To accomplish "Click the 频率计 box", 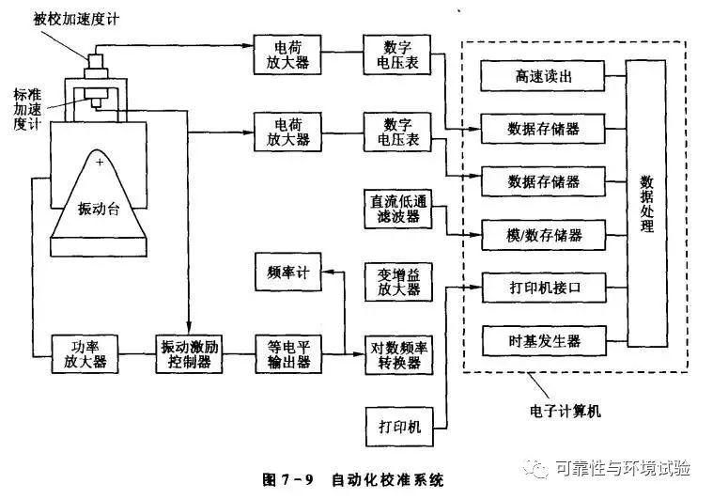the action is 288,272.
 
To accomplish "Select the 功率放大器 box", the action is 85,354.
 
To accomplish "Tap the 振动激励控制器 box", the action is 189,354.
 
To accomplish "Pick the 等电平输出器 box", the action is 288,354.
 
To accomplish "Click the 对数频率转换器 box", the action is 399,355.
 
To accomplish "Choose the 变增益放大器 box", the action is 398,282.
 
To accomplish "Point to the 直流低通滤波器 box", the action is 398,209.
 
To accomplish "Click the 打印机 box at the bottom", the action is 399,427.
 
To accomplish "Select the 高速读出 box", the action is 543,76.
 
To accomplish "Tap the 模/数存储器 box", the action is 544,235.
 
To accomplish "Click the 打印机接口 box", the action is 544,288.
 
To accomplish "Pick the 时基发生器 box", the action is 544,341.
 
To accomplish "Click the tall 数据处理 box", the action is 647,203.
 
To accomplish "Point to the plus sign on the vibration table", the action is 100,162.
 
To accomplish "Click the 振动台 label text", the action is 99,209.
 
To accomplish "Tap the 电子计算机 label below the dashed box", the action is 566,412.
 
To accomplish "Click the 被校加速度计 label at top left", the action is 76,19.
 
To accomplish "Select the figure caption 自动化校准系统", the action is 387,480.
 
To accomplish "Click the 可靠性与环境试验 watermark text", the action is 623,468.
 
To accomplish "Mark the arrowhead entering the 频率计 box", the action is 328,272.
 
